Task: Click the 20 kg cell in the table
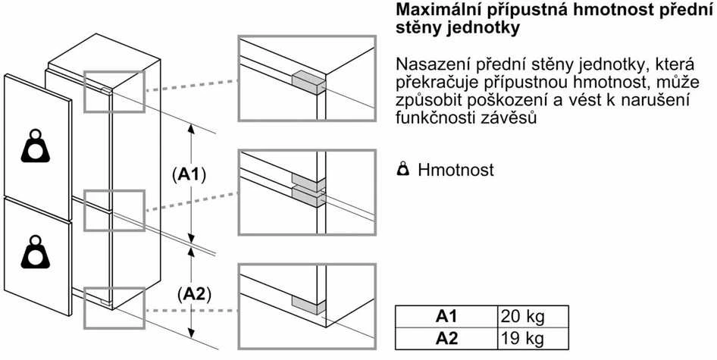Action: click(533, 317)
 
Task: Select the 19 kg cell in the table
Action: click(533, 339)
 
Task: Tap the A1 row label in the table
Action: click(446, 317)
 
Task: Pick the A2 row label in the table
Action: click(446, 339)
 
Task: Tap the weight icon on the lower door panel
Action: click(35, 252)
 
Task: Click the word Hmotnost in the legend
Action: click(456, 170)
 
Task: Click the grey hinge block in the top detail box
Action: click(308, 83)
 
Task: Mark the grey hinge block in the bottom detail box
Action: click(308, 305)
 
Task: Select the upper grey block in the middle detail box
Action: click(308, 182)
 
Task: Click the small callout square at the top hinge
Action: click(114, 91)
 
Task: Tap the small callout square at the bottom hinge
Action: click(114, 308)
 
